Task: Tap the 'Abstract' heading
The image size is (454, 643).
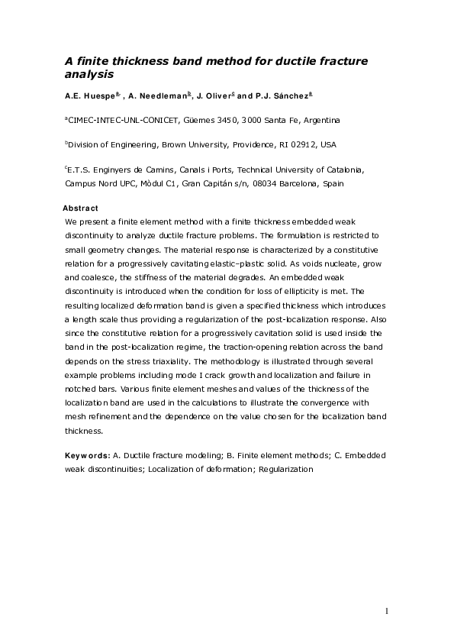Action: pos(79,208)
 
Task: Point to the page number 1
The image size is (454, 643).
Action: pos(387,611)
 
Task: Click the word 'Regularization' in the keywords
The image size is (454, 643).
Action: pos(287,469)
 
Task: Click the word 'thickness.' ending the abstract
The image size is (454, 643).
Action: pos(84,430)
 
